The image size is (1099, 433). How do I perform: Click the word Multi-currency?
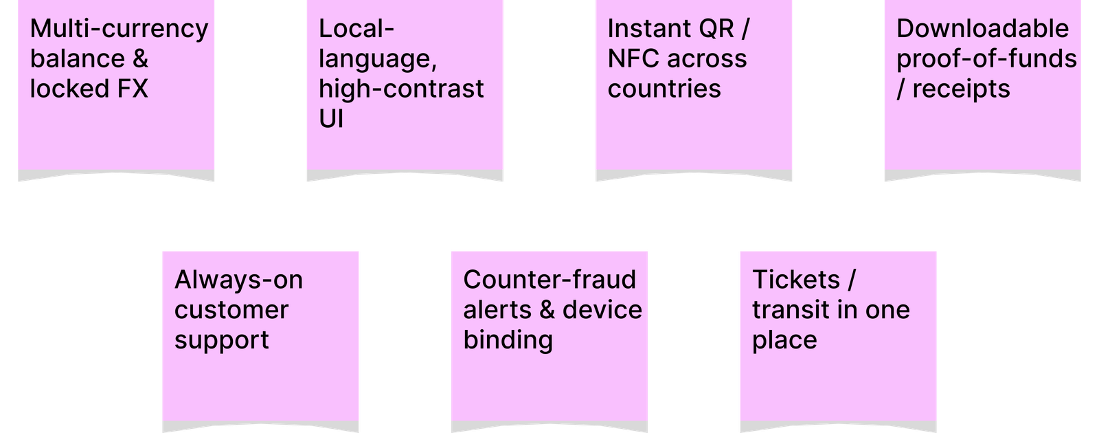(x=119, y=29)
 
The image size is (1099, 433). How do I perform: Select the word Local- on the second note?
(x=356, y=29)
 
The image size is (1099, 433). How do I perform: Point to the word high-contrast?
(x=401, y=89)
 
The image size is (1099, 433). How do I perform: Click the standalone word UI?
(x=331, y=119)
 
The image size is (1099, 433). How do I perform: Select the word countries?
(x=664, y=89)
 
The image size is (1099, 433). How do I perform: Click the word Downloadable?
(x=982, y=29)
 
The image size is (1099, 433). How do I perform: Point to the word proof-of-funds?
(x=986, y=59)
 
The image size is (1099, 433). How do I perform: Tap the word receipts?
(x=961, y=89)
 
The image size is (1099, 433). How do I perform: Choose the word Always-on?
(x=238, y=280)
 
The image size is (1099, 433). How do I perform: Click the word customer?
(x=231, y=310)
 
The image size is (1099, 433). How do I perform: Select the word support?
(x=221, y=340)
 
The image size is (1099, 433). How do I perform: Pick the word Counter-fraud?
(x=549, y=280)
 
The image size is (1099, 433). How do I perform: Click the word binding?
(x=508, y=340)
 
